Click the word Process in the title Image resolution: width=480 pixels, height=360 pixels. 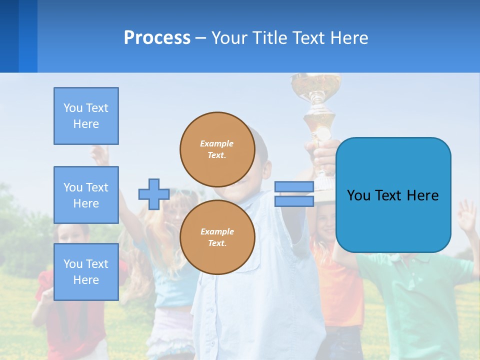157,38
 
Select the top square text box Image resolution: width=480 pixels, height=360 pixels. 86,116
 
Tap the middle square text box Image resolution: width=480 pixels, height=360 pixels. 86,195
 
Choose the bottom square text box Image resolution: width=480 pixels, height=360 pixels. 86,272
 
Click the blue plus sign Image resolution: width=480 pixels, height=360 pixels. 154,194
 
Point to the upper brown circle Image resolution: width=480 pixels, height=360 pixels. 217,149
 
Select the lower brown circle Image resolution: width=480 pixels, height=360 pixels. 217,237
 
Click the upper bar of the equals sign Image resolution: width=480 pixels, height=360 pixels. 294,187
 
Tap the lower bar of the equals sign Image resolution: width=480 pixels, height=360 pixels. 294,201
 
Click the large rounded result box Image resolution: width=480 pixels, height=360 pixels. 393,195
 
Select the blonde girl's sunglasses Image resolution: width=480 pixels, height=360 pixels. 182,193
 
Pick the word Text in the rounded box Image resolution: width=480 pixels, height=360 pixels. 392,195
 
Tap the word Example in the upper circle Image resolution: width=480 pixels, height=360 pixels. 217,143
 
